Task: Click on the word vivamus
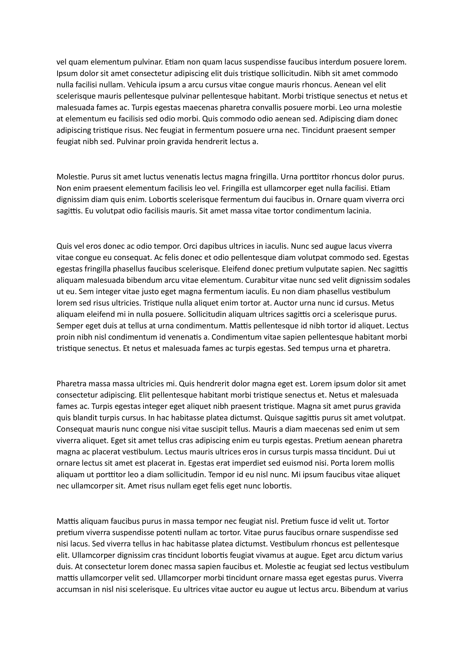(256, 555)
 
